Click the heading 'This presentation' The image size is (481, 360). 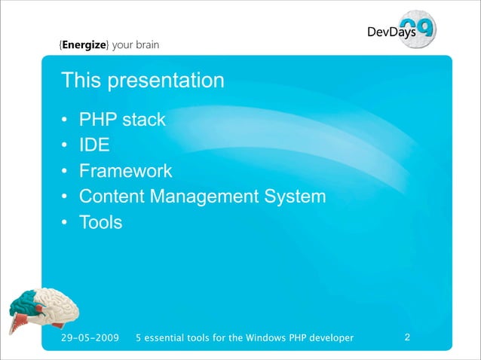[x=142, y=80]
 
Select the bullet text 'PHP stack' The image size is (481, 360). [x=122, y=120]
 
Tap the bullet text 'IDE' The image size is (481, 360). [x=94, y=145]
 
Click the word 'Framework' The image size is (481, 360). [x=126, y=171]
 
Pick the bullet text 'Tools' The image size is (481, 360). [x=100, y=223]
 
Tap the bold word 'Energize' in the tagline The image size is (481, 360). [x=85, y=44]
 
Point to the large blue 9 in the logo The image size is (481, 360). [x=424, y=29]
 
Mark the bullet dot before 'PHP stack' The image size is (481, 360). [x=66, y=121]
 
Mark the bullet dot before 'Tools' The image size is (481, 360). [x=66, y=224]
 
